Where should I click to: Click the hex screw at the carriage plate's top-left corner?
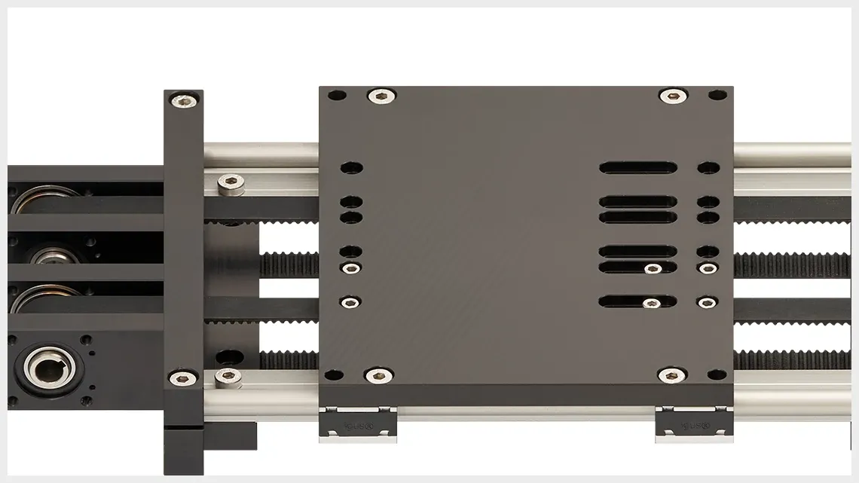[x=381, y=96]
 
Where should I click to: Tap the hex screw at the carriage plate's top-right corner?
[x=672, y=96]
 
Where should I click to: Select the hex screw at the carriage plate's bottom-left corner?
[x=378, y=374]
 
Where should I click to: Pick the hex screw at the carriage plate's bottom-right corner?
[x=671, y=374]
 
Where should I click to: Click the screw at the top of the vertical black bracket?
[x=184, y=99]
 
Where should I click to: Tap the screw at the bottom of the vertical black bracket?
[x=182, y=378]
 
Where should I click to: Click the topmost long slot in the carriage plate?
[x=637, y=167]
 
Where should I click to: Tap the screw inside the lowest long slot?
[x=651, y=302]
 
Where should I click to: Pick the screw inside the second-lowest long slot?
[x=651, y=268]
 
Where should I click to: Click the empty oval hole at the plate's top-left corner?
[x=337, y=96]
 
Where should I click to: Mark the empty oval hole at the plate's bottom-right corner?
[x=717, y=374]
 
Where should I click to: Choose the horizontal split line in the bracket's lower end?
[x=184, y=427]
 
